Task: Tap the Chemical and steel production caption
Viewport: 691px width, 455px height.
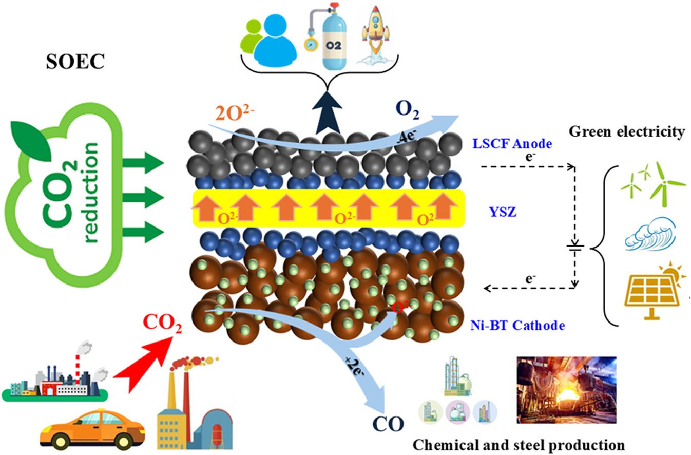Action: [519, 444]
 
